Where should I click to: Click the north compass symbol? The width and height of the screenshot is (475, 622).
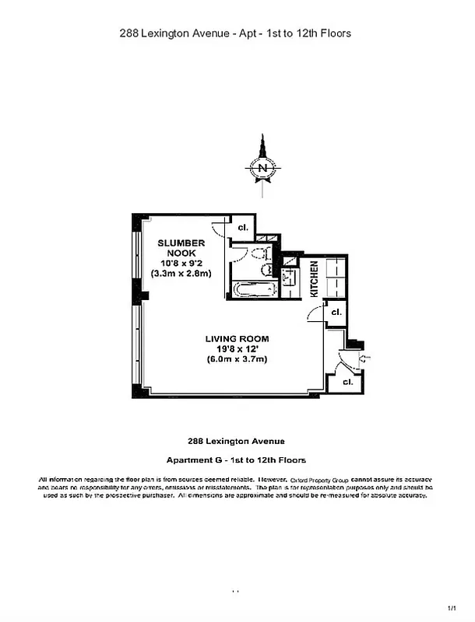pos(263,166)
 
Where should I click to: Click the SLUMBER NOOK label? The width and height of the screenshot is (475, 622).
pos(181,248)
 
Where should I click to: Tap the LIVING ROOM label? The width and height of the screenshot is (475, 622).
pos(237,338)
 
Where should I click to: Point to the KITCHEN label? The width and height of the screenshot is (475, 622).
pos(314,279)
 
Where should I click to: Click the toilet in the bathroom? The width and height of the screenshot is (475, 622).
pos(266,269)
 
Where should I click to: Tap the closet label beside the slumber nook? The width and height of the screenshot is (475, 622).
pos(243,227)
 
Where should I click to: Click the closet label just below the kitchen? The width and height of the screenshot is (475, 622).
pos(336,312)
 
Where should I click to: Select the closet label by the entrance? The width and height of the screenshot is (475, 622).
pos(347,382)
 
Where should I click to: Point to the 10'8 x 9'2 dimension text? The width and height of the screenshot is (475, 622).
pos(181,263)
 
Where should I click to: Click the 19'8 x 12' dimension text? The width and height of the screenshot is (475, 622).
pos(237,349)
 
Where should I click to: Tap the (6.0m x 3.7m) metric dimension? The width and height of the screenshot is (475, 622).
pos(237,359)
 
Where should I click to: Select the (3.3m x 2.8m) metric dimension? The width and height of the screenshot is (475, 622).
pos(181,274)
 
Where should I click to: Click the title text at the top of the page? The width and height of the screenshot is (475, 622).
pos(236,33)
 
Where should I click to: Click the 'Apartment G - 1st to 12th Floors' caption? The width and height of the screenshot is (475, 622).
pos(237,460)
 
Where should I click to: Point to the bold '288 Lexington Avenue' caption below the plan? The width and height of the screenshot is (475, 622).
pos(237,439)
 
